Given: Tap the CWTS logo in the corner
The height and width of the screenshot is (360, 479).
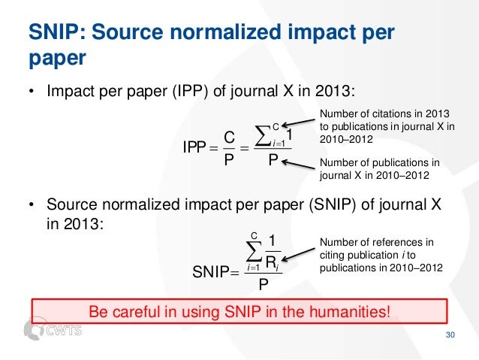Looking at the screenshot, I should pyautogui.click(x=53, y=330).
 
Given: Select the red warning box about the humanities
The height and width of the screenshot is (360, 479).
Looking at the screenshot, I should pyautogui.click(x=239, y=310).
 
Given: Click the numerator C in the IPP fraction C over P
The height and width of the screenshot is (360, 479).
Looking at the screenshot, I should pyautogui.click(x=230, y=136).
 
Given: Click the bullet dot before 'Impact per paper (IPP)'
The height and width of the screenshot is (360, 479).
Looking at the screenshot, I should pyautogui.click(x=32, y=94).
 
